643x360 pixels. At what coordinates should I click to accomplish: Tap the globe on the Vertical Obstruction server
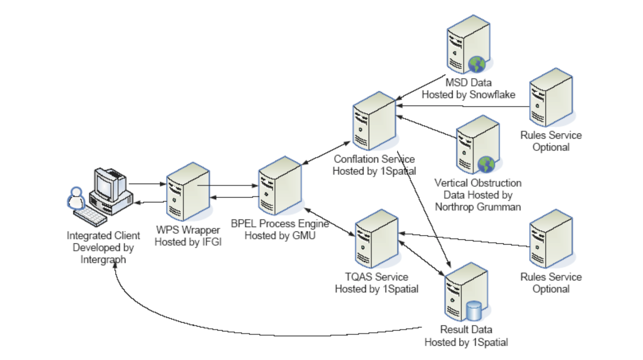(486, 165)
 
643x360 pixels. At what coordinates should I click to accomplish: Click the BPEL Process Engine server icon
(280, 186)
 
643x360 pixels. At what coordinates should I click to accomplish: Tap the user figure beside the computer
(76, 199)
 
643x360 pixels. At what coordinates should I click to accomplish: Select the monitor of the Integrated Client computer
(104, 185)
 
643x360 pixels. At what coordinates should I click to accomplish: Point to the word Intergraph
(103, 260)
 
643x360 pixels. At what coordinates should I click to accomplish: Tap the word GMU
(304, 235)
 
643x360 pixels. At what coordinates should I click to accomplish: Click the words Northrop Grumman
(478, 207)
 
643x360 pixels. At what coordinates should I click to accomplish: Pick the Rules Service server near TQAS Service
(551, 239)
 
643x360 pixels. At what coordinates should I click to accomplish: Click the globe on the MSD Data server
(477, 65)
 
